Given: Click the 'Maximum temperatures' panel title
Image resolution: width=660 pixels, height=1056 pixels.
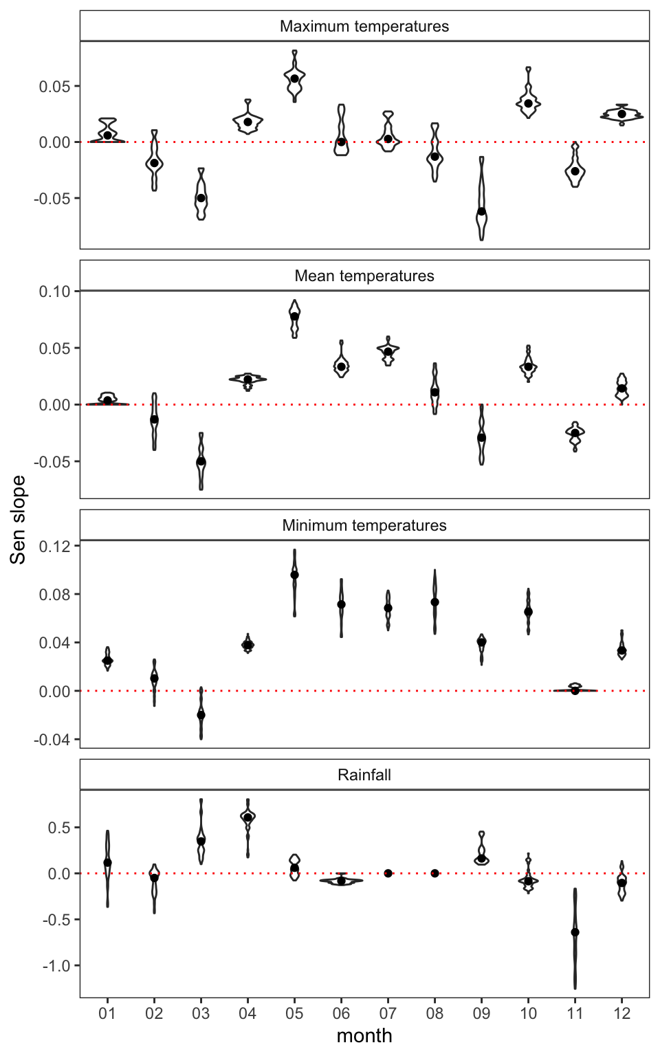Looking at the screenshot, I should [x=364, y=26].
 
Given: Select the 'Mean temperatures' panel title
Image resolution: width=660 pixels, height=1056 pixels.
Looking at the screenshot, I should [x=364, y=276].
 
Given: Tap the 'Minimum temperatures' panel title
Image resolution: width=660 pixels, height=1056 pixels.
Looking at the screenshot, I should [x=364, y=525].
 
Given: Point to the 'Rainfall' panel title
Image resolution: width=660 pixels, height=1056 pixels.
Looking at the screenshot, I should [x=364, y=775].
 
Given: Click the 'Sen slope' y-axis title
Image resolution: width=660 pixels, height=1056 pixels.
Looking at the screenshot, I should [x=18, y=520].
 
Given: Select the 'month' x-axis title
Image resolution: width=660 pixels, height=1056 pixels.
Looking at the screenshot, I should [x=364, y=1035].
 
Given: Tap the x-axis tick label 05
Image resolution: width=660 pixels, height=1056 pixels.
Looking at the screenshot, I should [x=294, y=1013].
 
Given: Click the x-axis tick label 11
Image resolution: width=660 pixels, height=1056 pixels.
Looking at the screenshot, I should [x=575, y=1013].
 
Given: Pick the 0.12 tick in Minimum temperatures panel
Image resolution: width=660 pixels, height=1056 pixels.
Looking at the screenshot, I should [x=55, y=546].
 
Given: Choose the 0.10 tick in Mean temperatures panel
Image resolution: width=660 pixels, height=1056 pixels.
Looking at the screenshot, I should [x=55, y=291].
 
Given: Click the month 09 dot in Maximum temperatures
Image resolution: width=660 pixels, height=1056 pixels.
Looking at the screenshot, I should [x=481, y=211].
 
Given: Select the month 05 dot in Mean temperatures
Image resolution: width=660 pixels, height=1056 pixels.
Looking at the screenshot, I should [x=294, y=316].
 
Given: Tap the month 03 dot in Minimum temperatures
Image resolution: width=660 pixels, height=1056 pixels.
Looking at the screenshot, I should [x=201, y=715].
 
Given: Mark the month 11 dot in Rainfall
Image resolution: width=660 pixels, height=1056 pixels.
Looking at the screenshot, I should [x=575, y=932].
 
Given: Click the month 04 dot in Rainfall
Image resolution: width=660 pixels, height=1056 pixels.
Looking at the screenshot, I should [x=247, y=817].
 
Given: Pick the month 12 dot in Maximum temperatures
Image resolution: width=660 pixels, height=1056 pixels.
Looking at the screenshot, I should [x=621, y=114].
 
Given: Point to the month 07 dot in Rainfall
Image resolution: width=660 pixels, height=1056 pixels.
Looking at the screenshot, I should [x=388, y=873].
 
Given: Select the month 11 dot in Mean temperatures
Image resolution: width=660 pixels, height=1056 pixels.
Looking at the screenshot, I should [x=575, y=432].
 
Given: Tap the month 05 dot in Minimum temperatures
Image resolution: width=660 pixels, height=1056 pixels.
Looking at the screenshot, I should [x=294, y=575].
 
